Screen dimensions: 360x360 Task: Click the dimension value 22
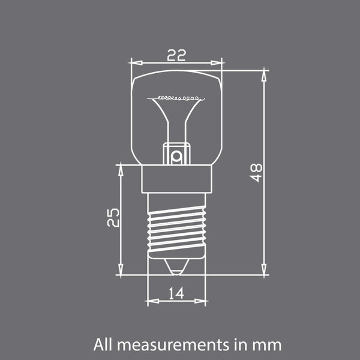(176, 55)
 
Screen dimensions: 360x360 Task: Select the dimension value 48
(256, 173)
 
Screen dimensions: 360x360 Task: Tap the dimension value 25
(113, 217)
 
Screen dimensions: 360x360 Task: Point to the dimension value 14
(176, 293)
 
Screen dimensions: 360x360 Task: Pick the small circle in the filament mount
(176, 157)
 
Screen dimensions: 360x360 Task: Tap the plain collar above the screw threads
(176, 179)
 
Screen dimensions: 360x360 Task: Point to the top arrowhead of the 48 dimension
(263, 74)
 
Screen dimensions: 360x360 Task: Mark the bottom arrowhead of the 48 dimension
(263, 271)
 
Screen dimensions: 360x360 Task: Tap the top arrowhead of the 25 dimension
(121, 169)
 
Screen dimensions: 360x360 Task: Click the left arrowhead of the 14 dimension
(151, 302)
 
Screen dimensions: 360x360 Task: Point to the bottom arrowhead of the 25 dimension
(121, 271)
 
